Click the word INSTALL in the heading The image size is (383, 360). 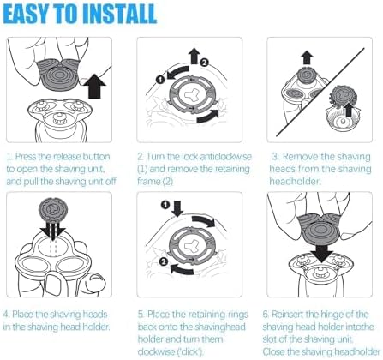[x=123, y=15]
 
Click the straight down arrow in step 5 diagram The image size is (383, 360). [x=177, y=209]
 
